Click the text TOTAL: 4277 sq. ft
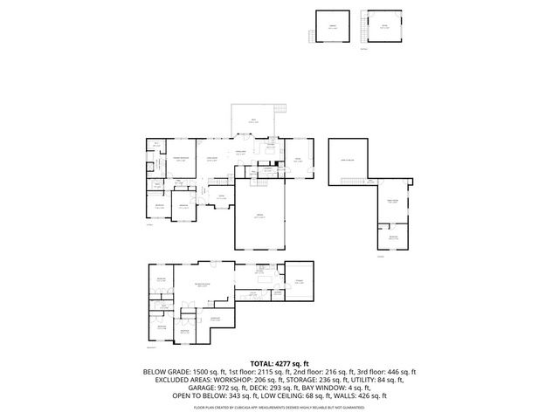pos(279,362)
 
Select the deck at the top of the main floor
pos(253,121)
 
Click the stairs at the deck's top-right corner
pos(280,108)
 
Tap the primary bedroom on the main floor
pos(182,161)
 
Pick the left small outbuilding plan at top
pos(332,27)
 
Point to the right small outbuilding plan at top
pos(383,27)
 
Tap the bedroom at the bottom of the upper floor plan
pos(393,237)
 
